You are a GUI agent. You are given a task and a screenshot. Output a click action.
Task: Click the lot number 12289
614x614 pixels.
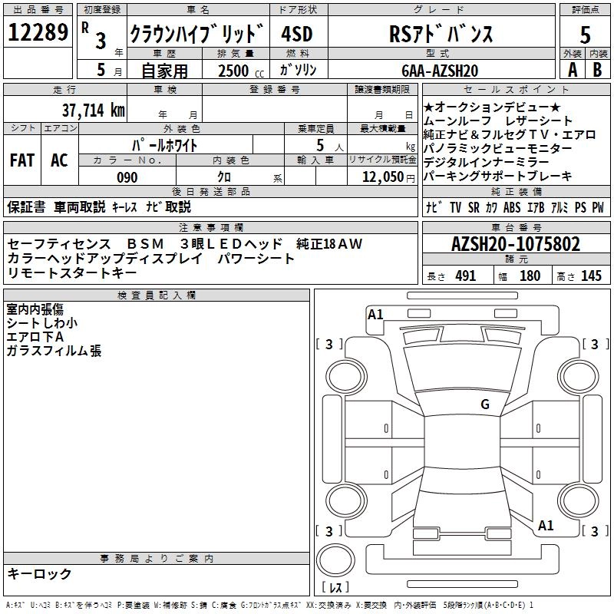[38, 32]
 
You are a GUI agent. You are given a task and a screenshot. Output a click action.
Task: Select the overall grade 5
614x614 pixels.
[585, 35]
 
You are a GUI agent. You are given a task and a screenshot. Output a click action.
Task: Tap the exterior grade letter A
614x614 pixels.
[573, 70]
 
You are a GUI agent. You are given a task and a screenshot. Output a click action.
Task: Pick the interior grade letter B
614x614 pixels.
[597, 70]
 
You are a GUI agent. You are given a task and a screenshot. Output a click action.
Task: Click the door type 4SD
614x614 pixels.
[297, 34]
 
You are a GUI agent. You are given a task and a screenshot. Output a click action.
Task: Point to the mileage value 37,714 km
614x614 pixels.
[94, 111]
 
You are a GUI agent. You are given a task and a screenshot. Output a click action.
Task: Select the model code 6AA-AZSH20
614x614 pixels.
[440, 71]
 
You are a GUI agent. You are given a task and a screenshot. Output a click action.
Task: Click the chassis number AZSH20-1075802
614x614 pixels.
[516, 244]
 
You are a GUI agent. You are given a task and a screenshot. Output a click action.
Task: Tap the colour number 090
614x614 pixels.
[127, 177]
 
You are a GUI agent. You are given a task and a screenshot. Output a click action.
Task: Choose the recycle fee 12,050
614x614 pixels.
[382, 177]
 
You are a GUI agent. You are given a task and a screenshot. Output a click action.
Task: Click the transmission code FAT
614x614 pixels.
[22, 160]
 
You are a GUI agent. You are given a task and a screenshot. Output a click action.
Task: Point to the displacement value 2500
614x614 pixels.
[233, 71]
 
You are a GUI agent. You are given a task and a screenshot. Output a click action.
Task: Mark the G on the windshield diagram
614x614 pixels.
[485, 404]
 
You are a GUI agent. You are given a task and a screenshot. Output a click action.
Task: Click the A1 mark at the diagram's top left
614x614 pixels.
[375, 315]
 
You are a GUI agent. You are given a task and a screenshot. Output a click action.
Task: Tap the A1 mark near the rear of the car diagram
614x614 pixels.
[546, 525]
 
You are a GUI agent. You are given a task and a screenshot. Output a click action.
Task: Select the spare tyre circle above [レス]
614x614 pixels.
[335, 560]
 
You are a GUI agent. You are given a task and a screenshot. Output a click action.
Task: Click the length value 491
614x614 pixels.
[466, 276]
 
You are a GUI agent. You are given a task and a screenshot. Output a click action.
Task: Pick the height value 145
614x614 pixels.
[591, 276]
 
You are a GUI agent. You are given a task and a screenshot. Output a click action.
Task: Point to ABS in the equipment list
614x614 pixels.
[512, 207]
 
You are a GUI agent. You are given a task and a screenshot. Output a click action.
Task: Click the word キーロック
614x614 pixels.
[39, 573]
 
